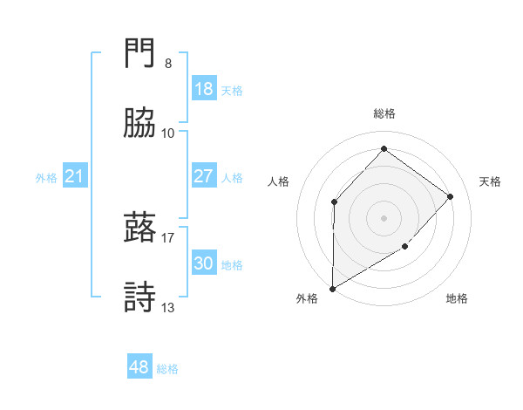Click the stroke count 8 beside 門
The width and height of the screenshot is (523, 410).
[x=168, y=64]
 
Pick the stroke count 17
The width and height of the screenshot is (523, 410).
[x=168, y=236]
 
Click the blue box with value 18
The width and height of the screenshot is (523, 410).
[x=204, y=89]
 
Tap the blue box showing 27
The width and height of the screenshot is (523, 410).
[x=204, y=176]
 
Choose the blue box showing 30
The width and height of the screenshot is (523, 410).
[x=204, y=263]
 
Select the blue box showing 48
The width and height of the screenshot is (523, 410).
[x=139, y=367]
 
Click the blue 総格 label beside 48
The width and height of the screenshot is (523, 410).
[x=167, y=369]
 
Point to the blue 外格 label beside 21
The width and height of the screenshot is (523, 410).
[x=46, y=178]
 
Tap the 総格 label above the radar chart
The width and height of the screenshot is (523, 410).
[x=384, y=113]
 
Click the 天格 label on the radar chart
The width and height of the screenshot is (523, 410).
[x=490, y=181]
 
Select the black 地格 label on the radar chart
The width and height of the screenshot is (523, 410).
[x=457, y=298]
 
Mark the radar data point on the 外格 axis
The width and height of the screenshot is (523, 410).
[x=332, y=288]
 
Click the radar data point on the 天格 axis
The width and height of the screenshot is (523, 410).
[x=450, y=196]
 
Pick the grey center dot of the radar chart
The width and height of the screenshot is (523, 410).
[x=384, y=217]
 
